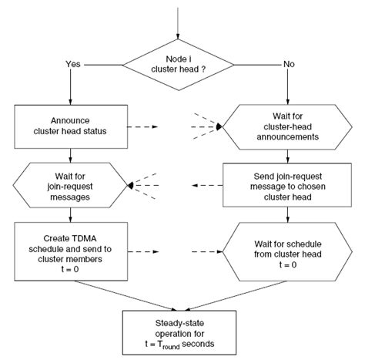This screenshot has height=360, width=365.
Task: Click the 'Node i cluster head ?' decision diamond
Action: pos(177,70)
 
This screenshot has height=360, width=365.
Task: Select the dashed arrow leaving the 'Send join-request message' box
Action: pos(209,186)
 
